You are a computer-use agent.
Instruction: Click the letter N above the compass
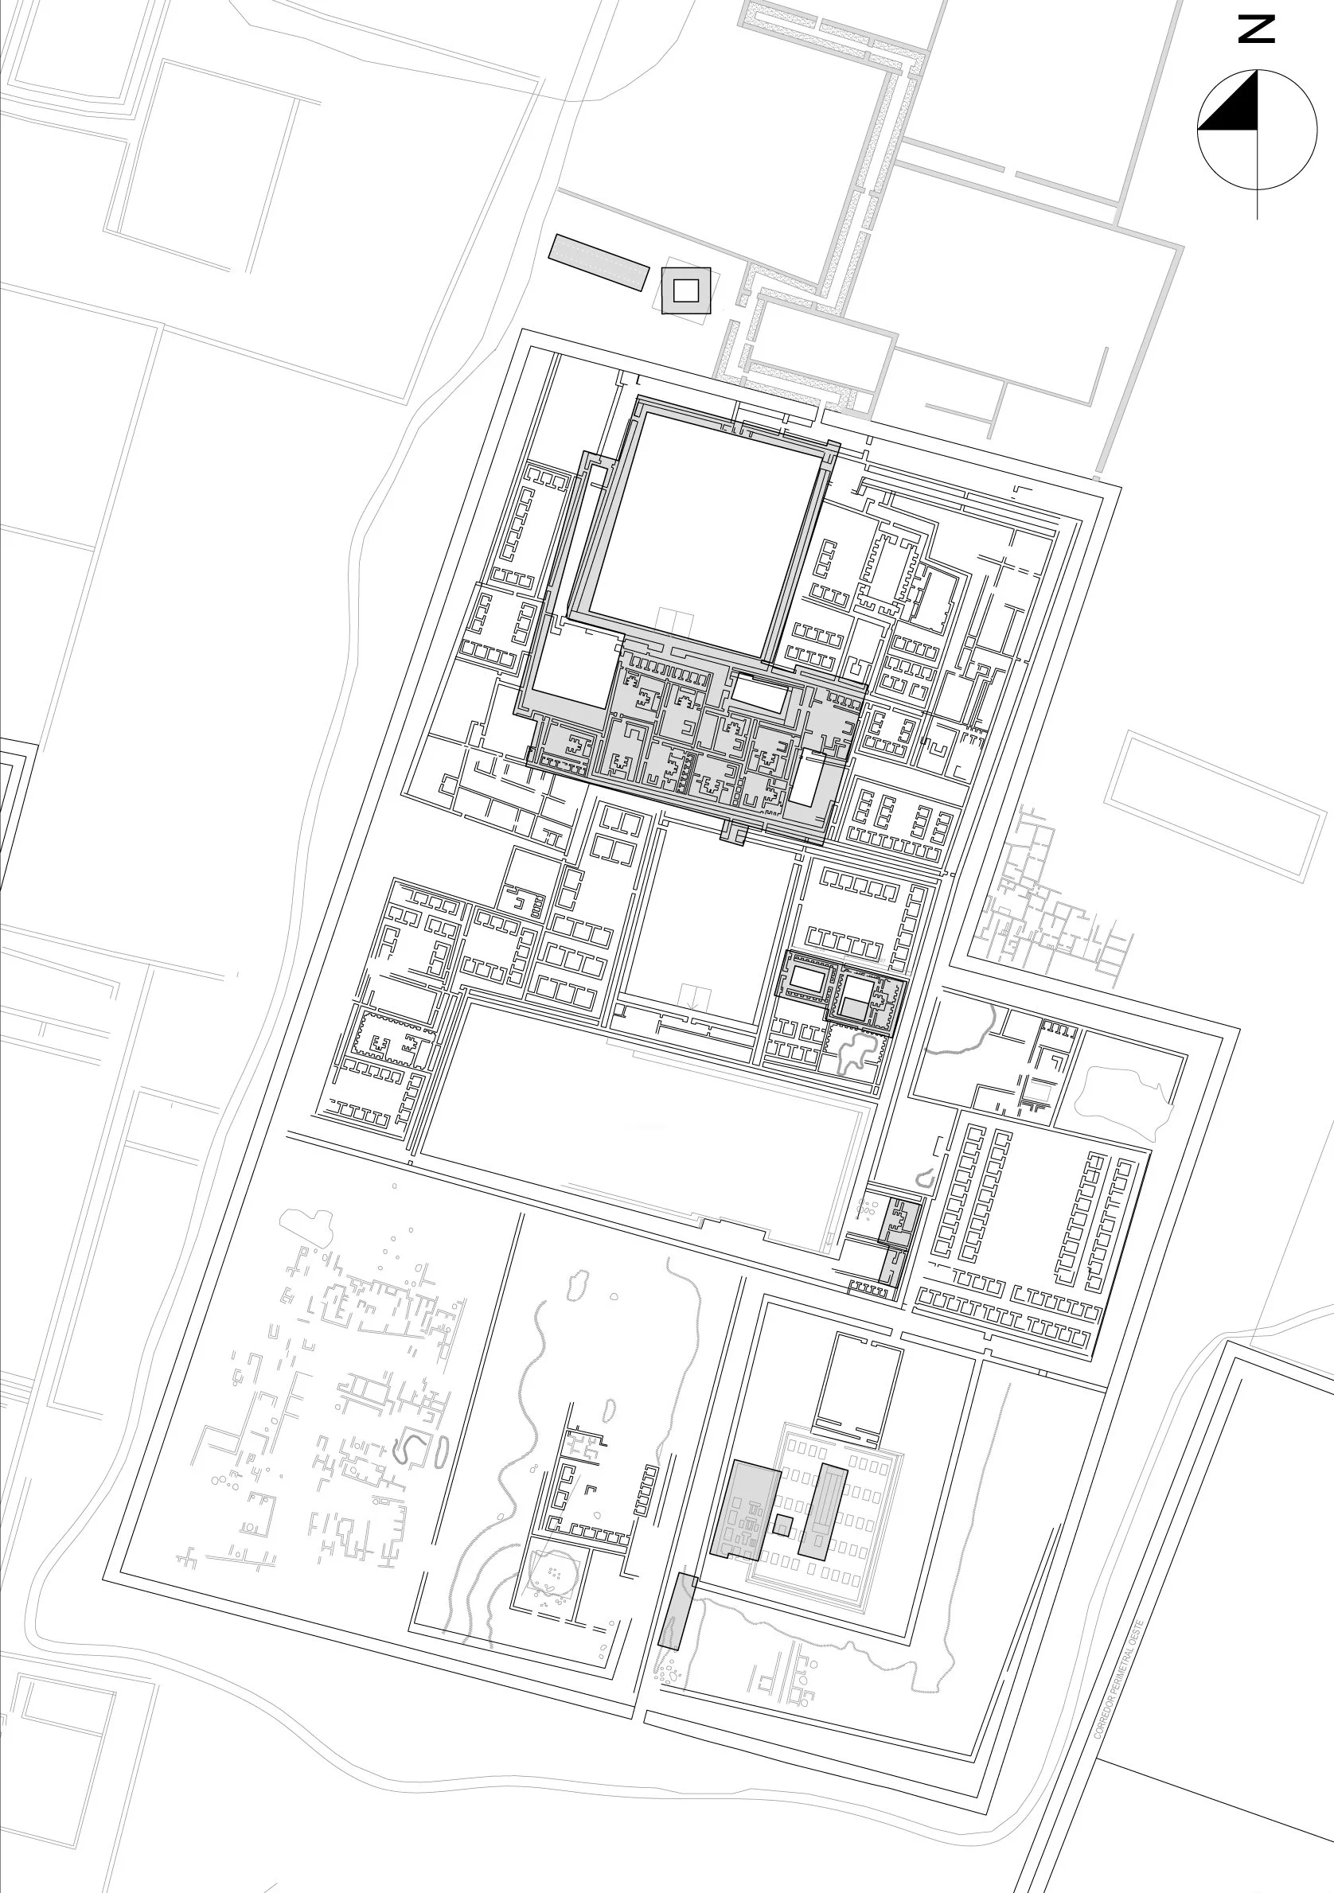pos(1257,30)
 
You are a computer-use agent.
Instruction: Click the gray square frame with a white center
pos(685,290)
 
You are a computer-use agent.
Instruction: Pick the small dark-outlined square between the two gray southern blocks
pos(782,1525)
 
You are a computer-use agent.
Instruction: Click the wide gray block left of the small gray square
pos(744,1509)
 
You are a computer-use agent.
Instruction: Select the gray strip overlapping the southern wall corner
pos(676,1611)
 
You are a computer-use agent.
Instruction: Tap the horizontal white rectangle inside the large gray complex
pos(759,693)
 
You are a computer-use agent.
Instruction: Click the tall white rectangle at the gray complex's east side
pos(805,778)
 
